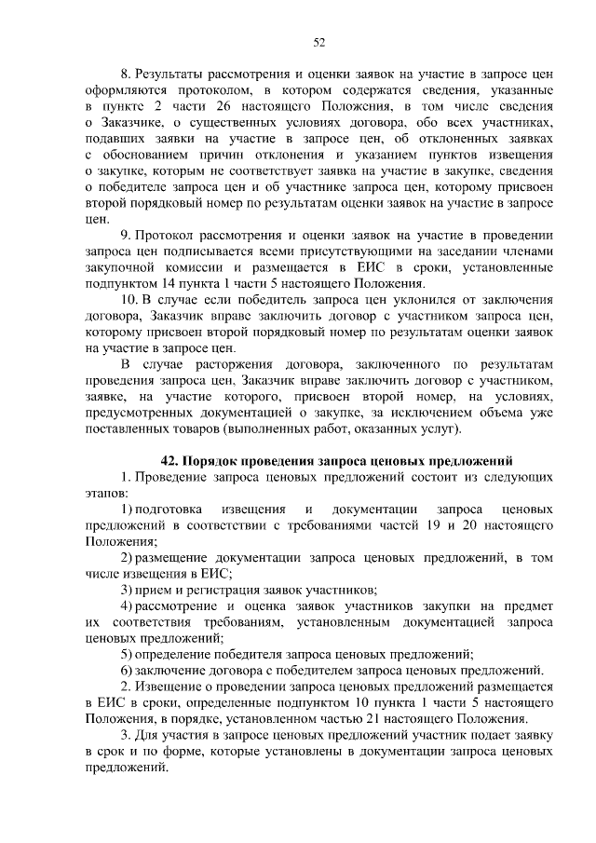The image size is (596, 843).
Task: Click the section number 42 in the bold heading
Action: click(x=169, y=460)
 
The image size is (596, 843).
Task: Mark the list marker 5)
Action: click(x=128, y=654)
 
